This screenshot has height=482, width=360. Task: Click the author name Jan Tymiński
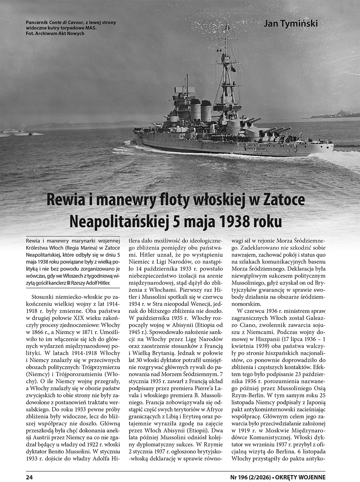290,24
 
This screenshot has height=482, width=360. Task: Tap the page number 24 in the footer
29,477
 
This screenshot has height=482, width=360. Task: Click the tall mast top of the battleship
227,29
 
